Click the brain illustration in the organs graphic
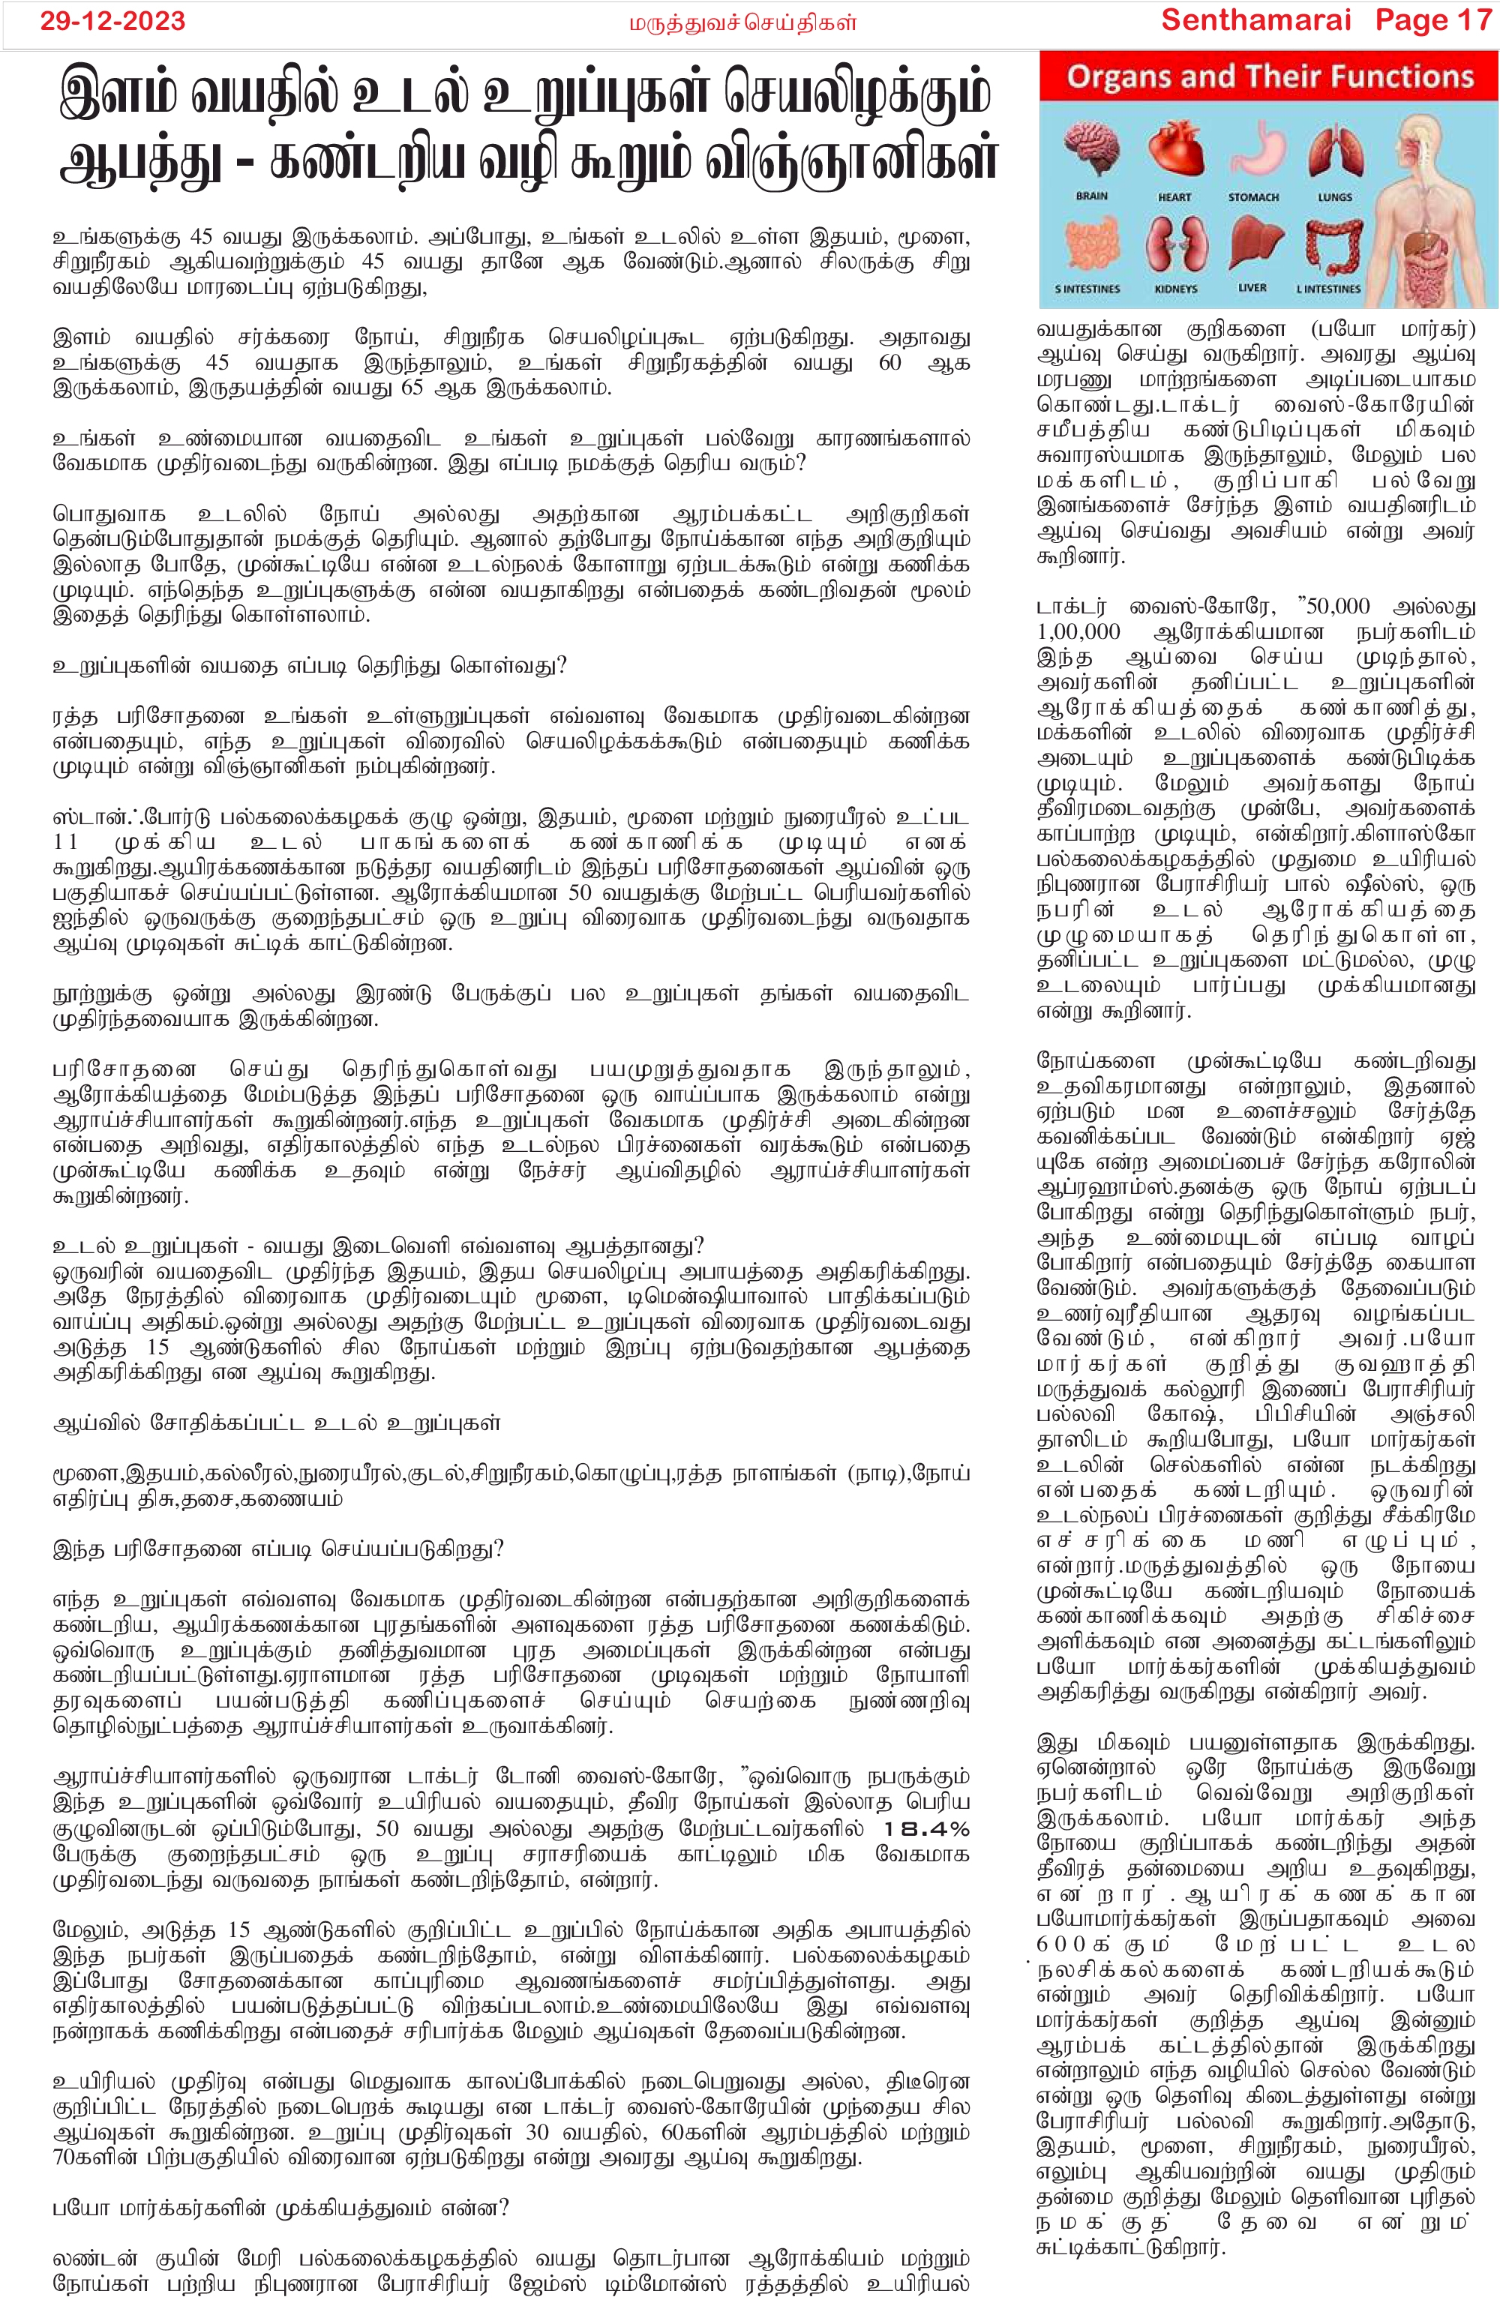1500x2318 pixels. [x=1092, y=151]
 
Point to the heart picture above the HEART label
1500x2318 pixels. [x=1174, y=151]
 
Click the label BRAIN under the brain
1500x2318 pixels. [x=1092, y=196]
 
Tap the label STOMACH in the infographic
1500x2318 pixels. [x=1253, y=196]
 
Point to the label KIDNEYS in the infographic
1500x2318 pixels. [x=1176, y=289]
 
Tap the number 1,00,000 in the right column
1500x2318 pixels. [x=1078, y=631]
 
